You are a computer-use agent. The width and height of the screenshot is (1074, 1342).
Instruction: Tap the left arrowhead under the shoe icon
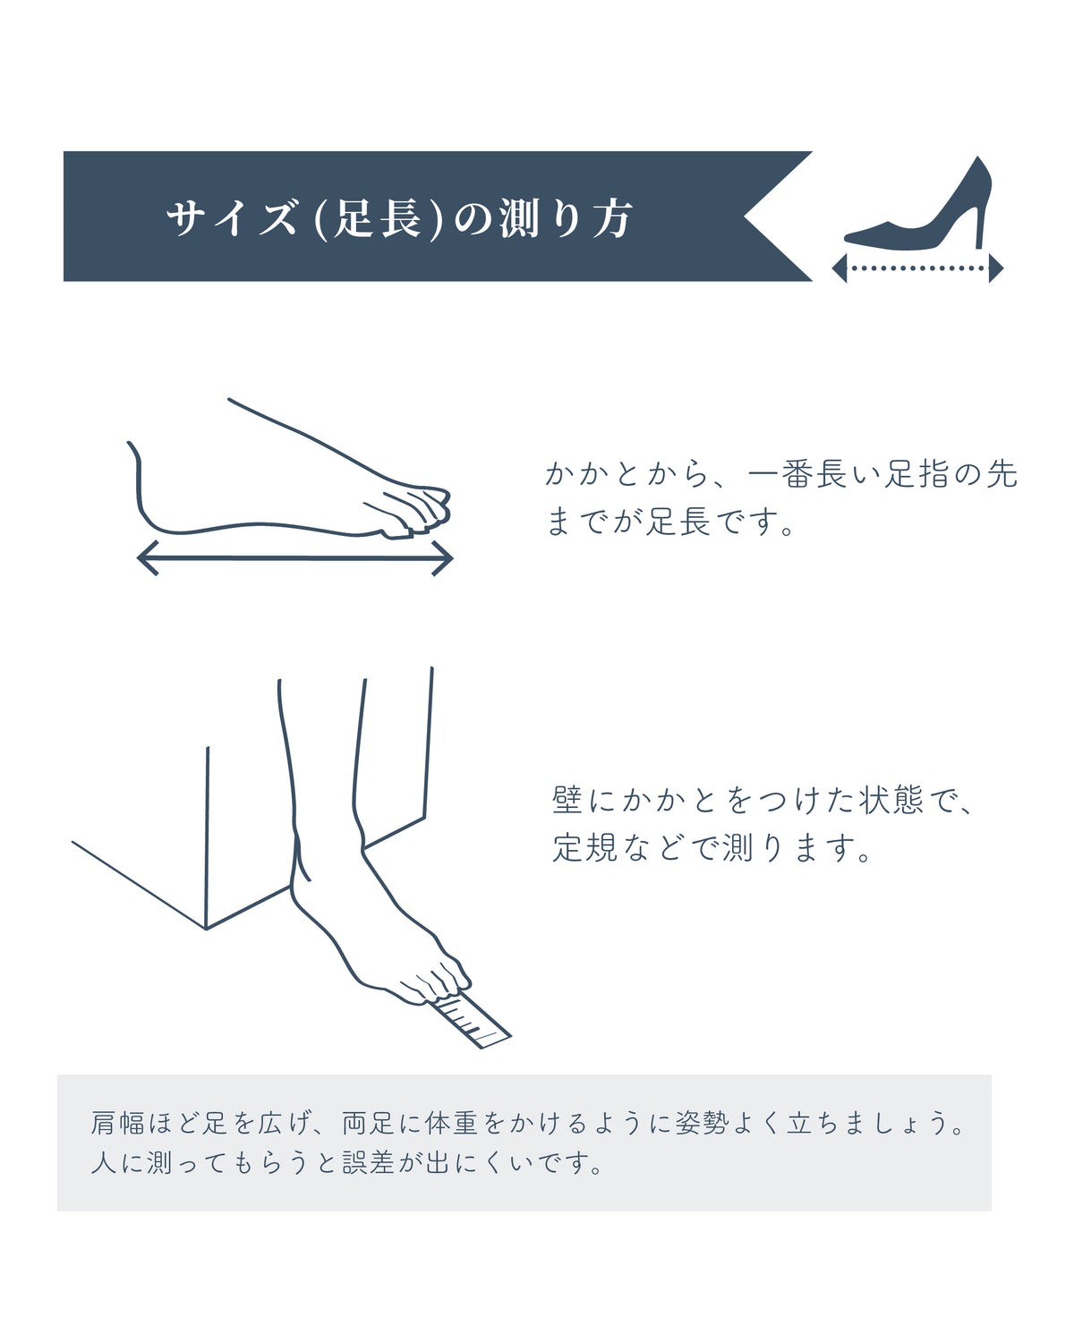840,268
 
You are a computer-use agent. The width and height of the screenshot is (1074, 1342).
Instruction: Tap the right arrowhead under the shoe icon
996,268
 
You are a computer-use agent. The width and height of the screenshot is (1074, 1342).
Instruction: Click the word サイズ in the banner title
231,217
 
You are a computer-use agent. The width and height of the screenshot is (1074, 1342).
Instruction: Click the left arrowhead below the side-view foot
148,557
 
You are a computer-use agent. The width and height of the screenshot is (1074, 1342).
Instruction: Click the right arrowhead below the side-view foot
442,557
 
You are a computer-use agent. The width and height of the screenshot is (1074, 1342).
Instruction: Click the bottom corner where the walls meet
206,929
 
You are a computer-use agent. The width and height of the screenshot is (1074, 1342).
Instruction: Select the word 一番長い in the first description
814,474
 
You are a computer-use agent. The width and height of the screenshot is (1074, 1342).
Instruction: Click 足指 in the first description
915,474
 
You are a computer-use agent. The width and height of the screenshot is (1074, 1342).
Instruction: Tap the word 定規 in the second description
584,847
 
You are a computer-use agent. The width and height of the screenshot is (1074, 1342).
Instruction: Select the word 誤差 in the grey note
368,1162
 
